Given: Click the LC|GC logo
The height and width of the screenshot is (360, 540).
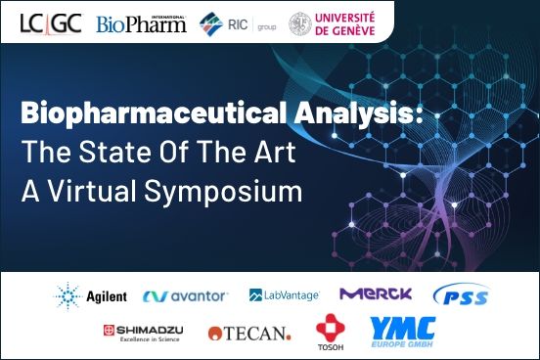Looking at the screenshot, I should tap(52, 22).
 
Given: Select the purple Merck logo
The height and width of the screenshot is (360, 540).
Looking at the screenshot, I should tap(376, 293).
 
